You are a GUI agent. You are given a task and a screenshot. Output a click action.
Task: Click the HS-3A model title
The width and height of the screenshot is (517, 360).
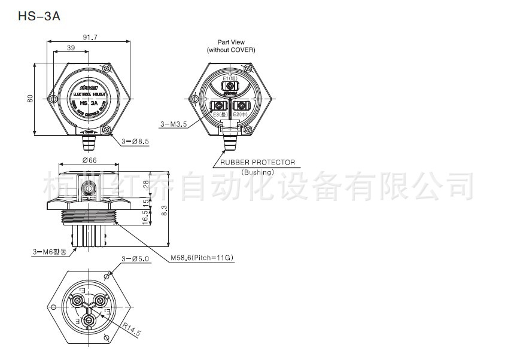[x=39, y=16]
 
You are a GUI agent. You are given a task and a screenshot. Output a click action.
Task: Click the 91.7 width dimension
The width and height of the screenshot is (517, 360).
[x=90, y=37]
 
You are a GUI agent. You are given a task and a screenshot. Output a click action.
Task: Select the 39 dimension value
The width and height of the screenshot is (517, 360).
[x=71, y=48]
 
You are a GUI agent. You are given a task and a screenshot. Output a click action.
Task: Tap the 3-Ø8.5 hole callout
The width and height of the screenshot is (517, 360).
[x=135, y=142]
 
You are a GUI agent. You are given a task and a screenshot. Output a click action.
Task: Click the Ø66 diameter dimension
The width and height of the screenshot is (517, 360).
[x=90, y=160]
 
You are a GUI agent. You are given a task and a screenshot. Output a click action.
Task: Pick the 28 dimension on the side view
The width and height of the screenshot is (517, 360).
[x=147, y=185]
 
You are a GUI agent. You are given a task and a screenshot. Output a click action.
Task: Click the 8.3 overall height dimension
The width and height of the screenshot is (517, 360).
[x=172, y=208]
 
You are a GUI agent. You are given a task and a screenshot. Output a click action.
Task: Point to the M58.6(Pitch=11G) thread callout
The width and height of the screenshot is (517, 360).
[x=202, y=258]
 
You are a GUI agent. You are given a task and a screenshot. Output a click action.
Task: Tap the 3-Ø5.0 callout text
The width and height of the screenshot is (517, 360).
[x=135, y=258]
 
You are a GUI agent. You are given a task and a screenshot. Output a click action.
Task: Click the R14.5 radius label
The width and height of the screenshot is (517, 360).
[x=133, y=328]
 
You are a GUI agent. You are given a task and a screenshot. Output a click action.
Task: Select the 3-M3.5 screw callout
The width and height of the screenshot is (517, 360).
[x=174, y=124]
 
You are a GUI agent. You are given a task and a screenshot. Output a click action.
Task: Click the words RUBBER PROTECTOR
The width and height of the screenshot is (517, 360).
[x=257, y=162]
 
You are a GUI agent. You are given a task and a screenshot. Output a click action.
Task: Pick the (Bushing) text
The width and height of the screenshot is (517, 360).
[x=258, y=172]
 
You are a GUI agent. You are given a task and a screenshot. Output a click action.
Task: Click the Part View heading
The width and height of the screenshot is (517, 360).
[x=231, y=42]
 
